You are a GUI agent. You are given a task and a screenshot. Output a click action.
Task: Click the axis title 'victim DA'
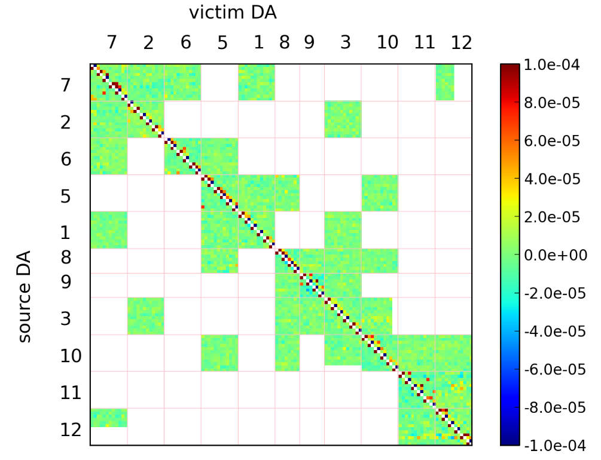233,13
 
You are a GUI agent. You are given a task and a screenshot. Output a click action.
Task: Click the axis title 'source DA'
25,297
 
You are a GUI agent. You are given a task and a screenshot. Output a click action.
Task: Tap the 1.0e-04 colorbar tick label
552,65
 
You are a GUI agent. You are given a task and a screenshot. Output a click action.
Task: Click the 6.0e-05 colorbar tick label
552,141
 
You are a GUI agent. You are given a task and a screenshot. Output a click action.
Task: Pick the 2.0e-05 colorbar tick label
552,217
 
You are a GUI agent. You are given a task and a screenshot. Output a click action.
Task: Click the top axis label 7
111,42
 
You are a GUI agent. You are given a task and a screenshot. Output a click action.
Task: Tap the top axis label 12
462,42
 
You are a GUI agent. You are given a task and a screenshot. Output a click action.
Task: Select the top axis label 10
388,42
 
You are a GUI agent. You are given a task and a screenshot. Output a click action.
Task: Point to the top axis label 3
346,42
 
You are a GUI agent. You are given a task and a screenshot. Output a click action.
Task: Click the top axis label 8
284,42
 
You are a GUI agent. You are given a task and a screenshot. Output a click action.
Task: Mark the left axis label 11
71,393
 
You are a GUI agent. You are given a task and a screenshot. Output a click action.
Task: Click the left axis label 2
66,122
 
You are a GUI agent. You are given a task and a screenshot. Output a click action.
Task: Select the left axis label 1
66,233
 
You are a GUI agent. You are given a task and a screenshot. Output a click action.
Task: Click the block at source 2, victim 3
343,119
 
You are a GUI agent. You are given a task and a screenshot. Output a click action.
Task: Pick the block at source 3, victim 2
145,316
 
